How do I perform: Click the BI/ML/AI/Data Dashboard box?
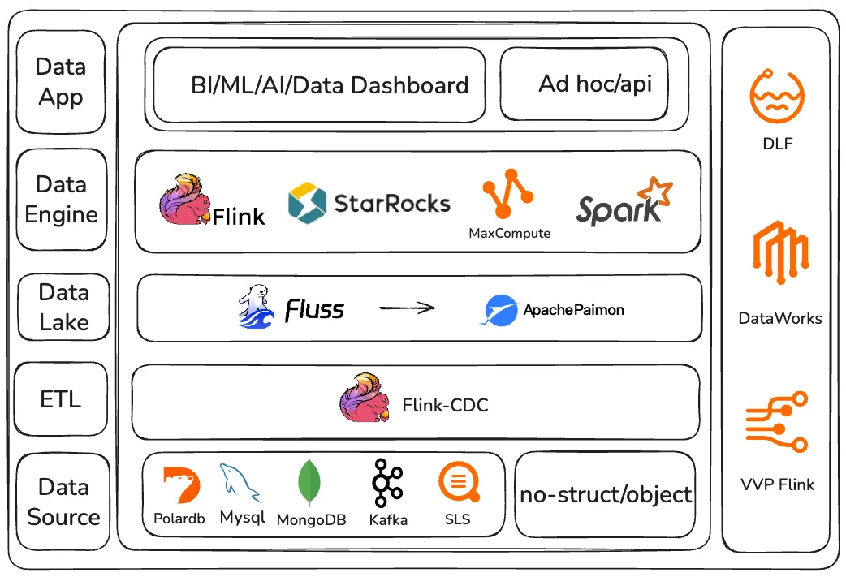319,84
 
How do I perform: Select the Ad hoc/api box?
584,84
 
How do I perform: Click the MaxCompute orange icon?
508,195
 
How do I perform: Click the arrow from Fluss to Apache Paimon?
408,308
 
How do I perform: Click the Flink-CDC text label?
445,403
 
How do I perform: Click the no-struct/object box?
606,494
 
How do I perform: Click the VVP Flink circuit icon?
777,421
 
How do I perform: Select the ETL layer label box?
61,399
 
